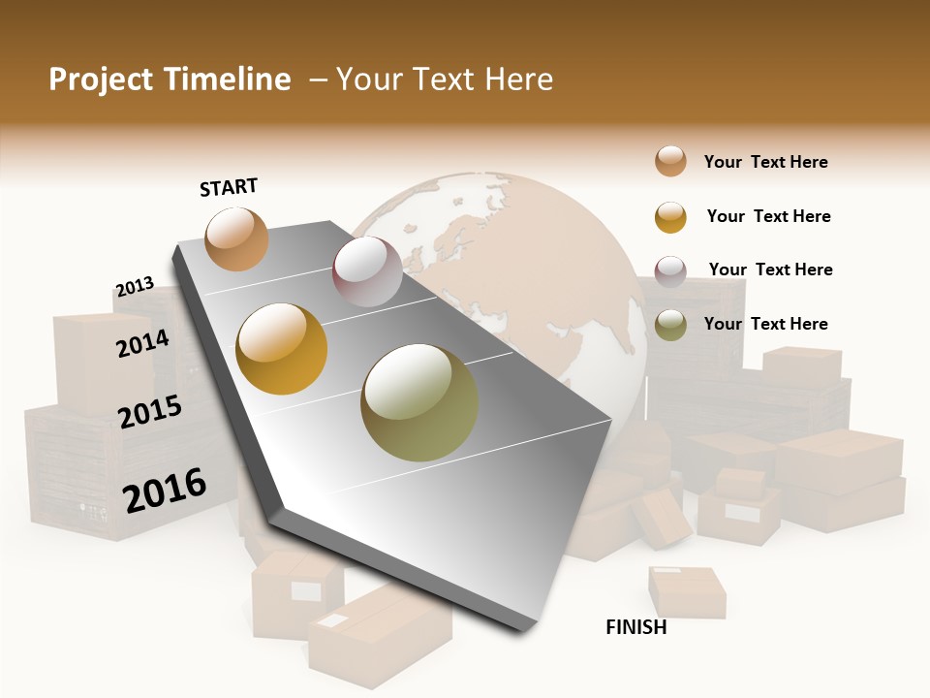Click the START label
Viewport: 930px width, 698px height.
pyautogui.click(x=229, y=187)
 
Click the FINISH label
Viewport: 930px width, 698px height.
pyautogui.click(x=636, y=627)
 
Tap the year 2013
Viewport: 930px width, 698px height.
pyautogui.click(x=135, y=287)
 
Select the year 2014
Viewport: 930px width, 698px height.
pyautogui.click(x=142, y=343)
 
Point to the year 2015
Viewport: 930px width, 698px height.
pyautogui.click(x=150, y=412)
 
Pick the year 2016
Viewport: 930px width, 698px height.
pyautogui.click(x=165, y=490)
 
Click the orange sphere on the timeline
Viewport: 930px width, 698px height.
pyautogui.click(x=236, y=238)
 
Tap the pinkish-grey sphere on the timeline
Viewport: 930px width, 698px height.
pyautogui.click(x=367, y=271)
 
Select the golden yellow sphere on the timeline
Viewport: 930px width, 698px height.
pyautogui.click(x=282, y=349)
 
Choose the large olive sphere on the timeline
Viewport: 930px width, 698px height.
pyautogui.click(x=419, y=402)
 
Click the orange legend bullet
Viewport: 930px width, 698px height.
pyautogui.click(x=670, y=161)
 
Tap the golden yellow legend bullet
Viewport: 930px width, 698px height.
pyautogui.click(x=670, y=217)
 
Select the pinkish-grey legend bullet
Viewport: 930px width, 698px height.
pyautogui.click(x=670, y=271)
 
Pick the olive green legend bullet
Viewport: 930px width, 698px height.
pyautogui.click(x=670, y=326)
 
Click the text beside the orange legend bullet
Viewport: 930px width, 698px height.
pyautogui.click(x=765, y=162)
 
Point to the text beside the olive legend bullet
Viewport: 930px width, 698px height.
pyautogui.click(x=765, y=324)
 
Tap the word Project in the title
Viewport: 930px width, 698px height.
pyautogui.click(x=101, y=79)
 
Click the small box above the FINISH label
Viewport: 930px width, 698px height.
pyautogui.click(x=687, y=590)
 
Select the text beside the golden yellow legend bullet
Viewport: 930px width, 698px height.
pyautogui.click(x=768, y=216)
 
